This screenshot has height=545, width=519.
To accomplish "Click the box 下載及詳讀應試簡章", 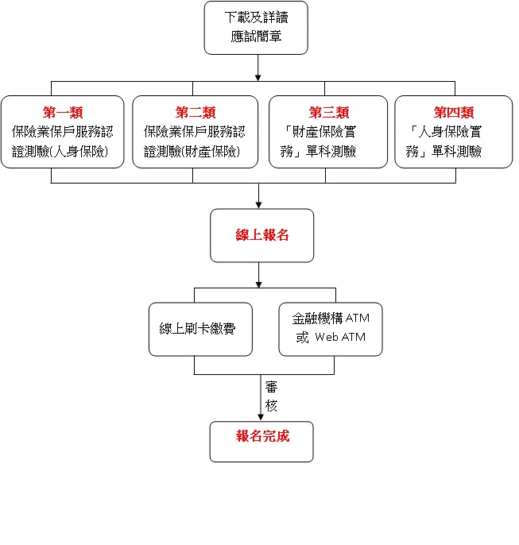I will [x=256, y=28].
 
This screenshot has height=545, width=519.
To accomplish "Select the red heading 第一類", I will [x=63, y=112].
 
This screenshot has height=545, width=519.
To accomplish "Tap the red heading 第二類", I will [x=195, y=112].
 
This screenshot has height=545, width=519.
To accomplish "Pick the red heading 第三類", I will [x=328, y=112].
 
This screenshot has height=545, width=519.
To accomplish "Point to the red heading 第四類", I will [x=454, y=112].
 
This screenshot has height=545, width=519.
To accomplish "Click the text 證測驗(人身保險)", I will [x=63, y=152].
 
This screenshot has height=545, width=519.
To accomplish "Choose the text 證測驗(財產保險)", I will [x=195, y=152].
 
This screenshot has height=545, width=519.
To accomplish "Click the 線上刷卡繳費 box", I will [x=202, y=327].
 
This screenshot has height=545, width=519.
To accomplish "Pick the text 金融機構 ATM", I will [x=330, y=318].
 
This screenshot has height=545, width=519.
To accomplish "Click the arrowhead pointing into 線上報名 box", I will [x=259, y=204].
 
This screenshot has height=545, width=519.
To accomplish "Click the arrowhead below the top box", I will [x=259, y=77].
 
